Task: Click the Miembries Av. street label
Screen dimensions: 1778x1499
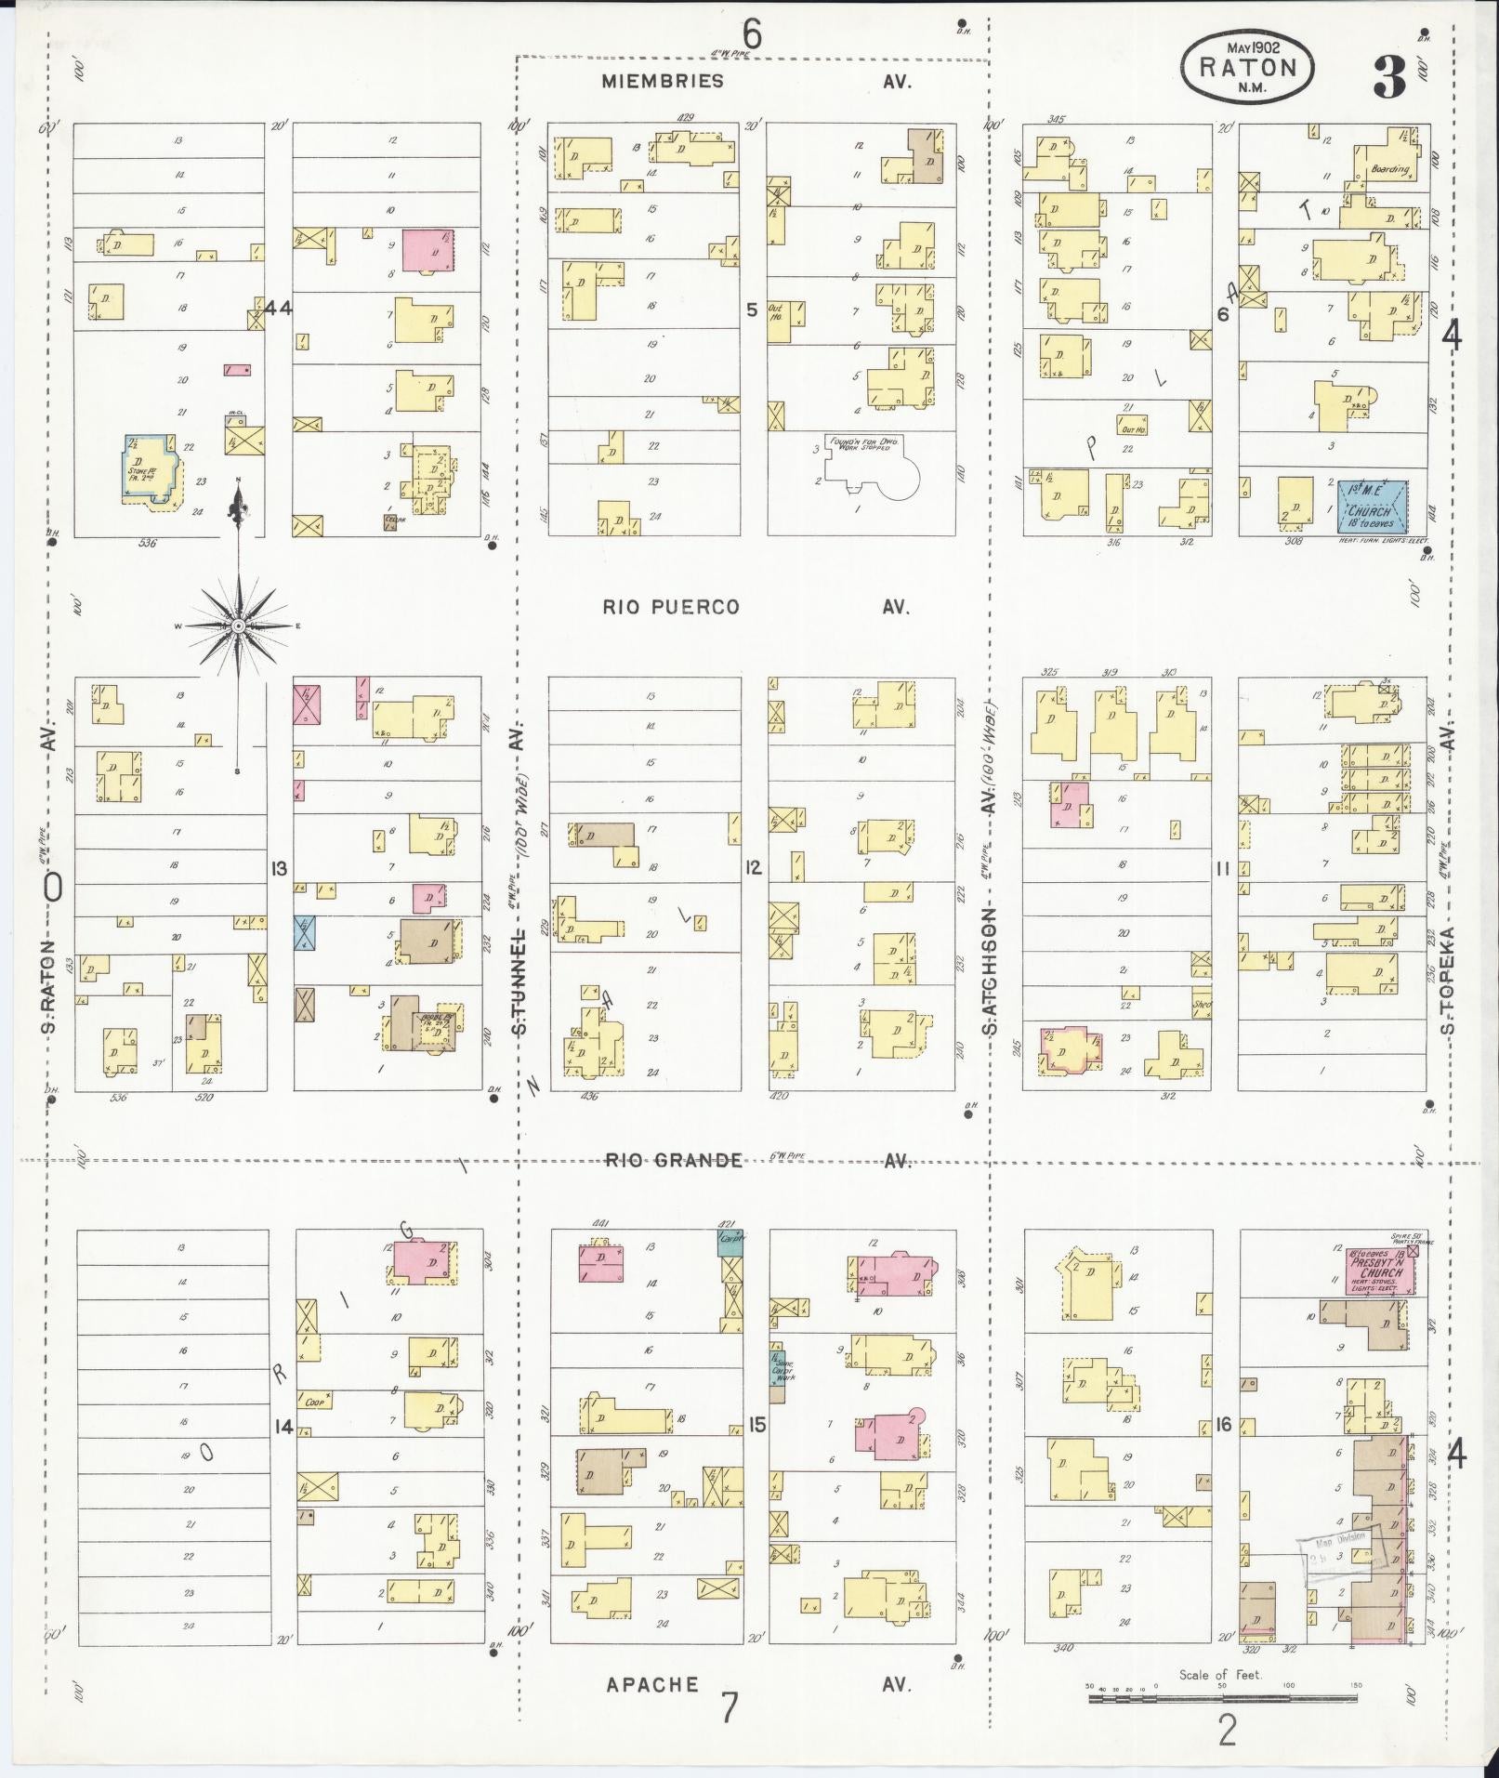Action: (662, 81)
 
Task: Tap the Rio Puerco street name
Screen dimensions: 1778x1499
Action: (671, 607)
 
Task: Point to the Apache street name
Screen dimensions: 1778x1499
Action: (651, 1683)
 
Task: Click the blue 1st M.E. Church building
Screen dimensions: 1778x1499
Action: (1371, 506)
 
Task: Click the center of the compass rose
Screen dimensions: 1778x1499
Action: (238, 626)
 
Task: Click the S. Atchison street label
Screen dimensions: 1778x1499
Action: (991, 971)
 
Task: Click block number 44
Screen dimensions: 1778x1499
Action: (277, 308)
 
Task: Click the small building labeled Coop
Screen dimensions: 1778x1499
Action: (315, 1402)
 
